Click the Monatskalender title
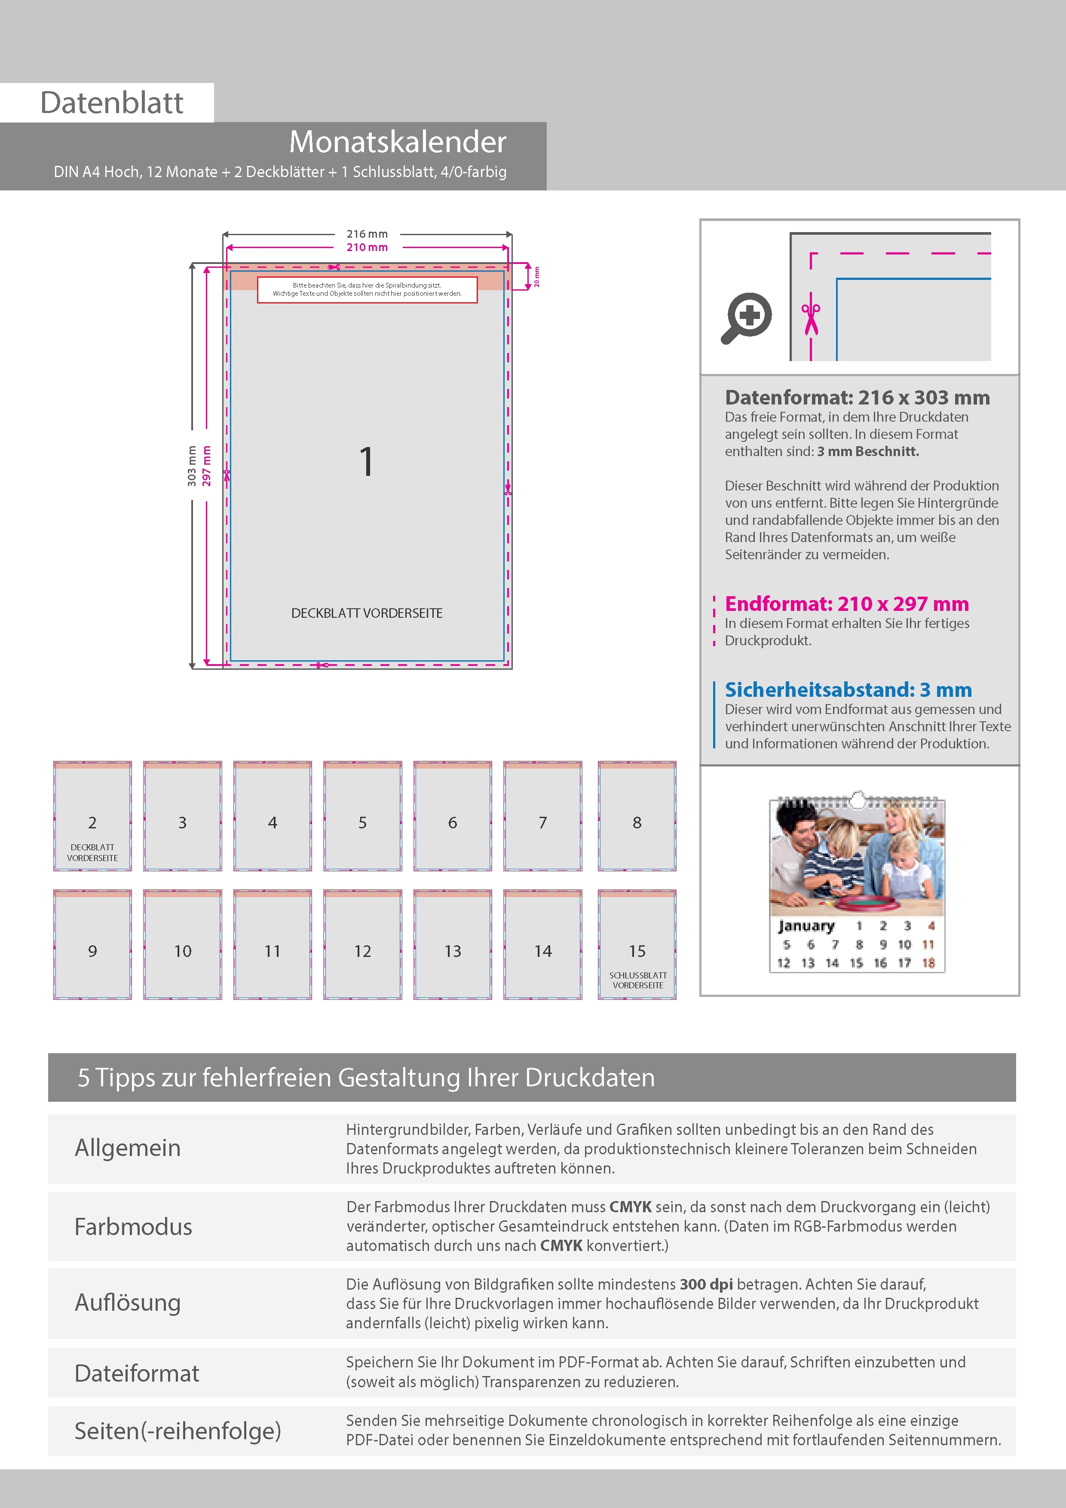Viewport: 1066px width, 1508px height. (x=398, y=142)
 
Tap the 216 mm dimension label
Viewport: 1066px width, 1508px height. (x=367, y=234)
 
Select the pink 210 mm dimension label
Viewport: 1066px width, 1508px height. (x=367, y=248)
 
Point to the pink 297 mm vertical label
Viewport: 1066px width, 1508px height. (x=207, y=466)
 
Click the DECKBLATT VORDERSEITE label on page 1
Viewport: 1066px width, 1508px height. (x=367, y=613)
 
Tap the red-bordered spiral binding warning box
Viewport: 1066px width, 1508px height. (x=367, y=290)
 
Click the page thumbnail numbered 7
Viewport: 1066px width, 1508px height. (x=542, y=816)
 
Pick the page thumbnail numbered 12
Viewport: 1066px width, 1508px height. (x=362, y=944)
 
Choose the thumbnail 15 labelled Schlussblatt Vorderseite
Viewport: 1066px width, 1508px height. (x=637, y=944)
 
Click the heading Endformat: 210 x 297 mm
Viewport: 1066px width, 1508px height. (x=847, y=604)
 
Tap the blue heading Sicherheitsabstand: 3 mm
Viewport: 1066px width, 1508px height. (x=848, y=690)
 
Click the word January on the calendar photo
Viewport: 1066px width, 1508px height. (x=806, y=926)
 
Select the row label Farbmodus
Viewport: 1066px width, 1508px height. (x=133, y=1226)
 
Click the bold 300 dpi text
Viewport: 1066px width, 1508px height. (x=706, y=1284)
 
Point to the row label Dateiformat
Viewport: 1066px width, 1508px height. (x=137, y=1373)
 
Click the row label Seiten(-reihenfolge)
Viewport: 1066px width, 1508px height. (x=178, y=1431)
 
